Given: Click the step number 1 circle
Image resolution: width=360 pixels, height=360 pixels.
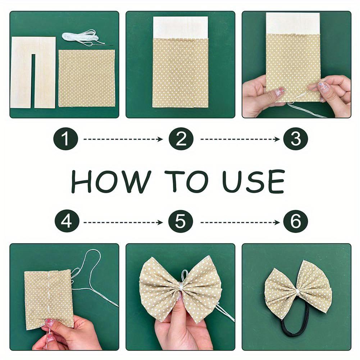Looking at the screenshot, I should pos(66,139).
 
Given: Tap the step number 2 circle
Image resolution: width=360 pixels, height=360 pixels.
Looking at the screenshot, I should pos(181,139).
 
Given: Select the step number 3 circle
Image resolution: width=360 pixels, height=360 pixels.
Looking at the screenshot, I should pos(295,139).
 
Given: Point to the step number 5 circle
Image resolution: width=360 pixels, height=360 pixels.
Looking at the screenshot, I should pos(181,222).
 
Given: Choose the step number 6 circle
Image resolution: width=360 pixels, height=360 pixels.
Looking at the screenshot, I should pos(295,222).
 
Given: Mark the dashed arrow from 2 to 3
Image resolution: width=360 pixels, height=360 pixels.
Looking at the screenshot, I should pos(240,139).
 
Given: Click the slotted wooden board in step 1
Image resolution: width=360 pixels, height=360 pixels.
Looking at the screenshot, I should pos(22,72).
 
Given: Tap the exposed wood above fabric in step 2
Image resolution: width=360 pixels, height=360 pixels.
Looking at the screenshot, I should pos(181,27).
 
